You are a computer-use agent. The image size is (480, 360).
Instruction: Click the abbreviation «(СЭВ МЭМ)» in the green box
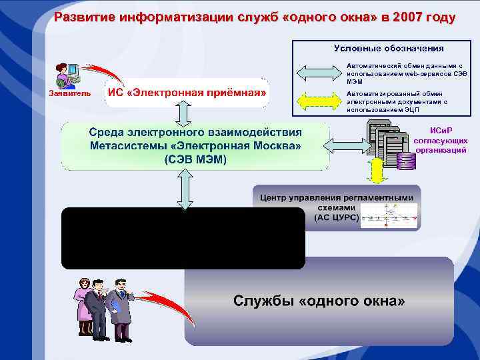[x=195, y=160]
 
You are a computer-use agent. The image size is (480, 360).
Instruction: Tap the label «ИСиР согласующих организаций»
[x=440, y=140]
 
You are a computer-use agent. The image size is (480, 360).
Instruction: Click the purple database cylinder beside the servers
[x=404, y=161]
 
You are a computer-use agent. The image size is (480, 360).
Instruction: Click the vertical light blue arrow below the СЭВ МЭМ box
[x=186, y=189]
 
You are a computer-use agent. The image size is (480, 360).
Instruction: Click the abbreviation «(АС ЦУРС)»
[x=337, y=217]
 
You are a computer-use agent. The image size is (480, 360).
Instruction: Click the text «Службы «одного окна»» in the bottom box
[x=319, y=301]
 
